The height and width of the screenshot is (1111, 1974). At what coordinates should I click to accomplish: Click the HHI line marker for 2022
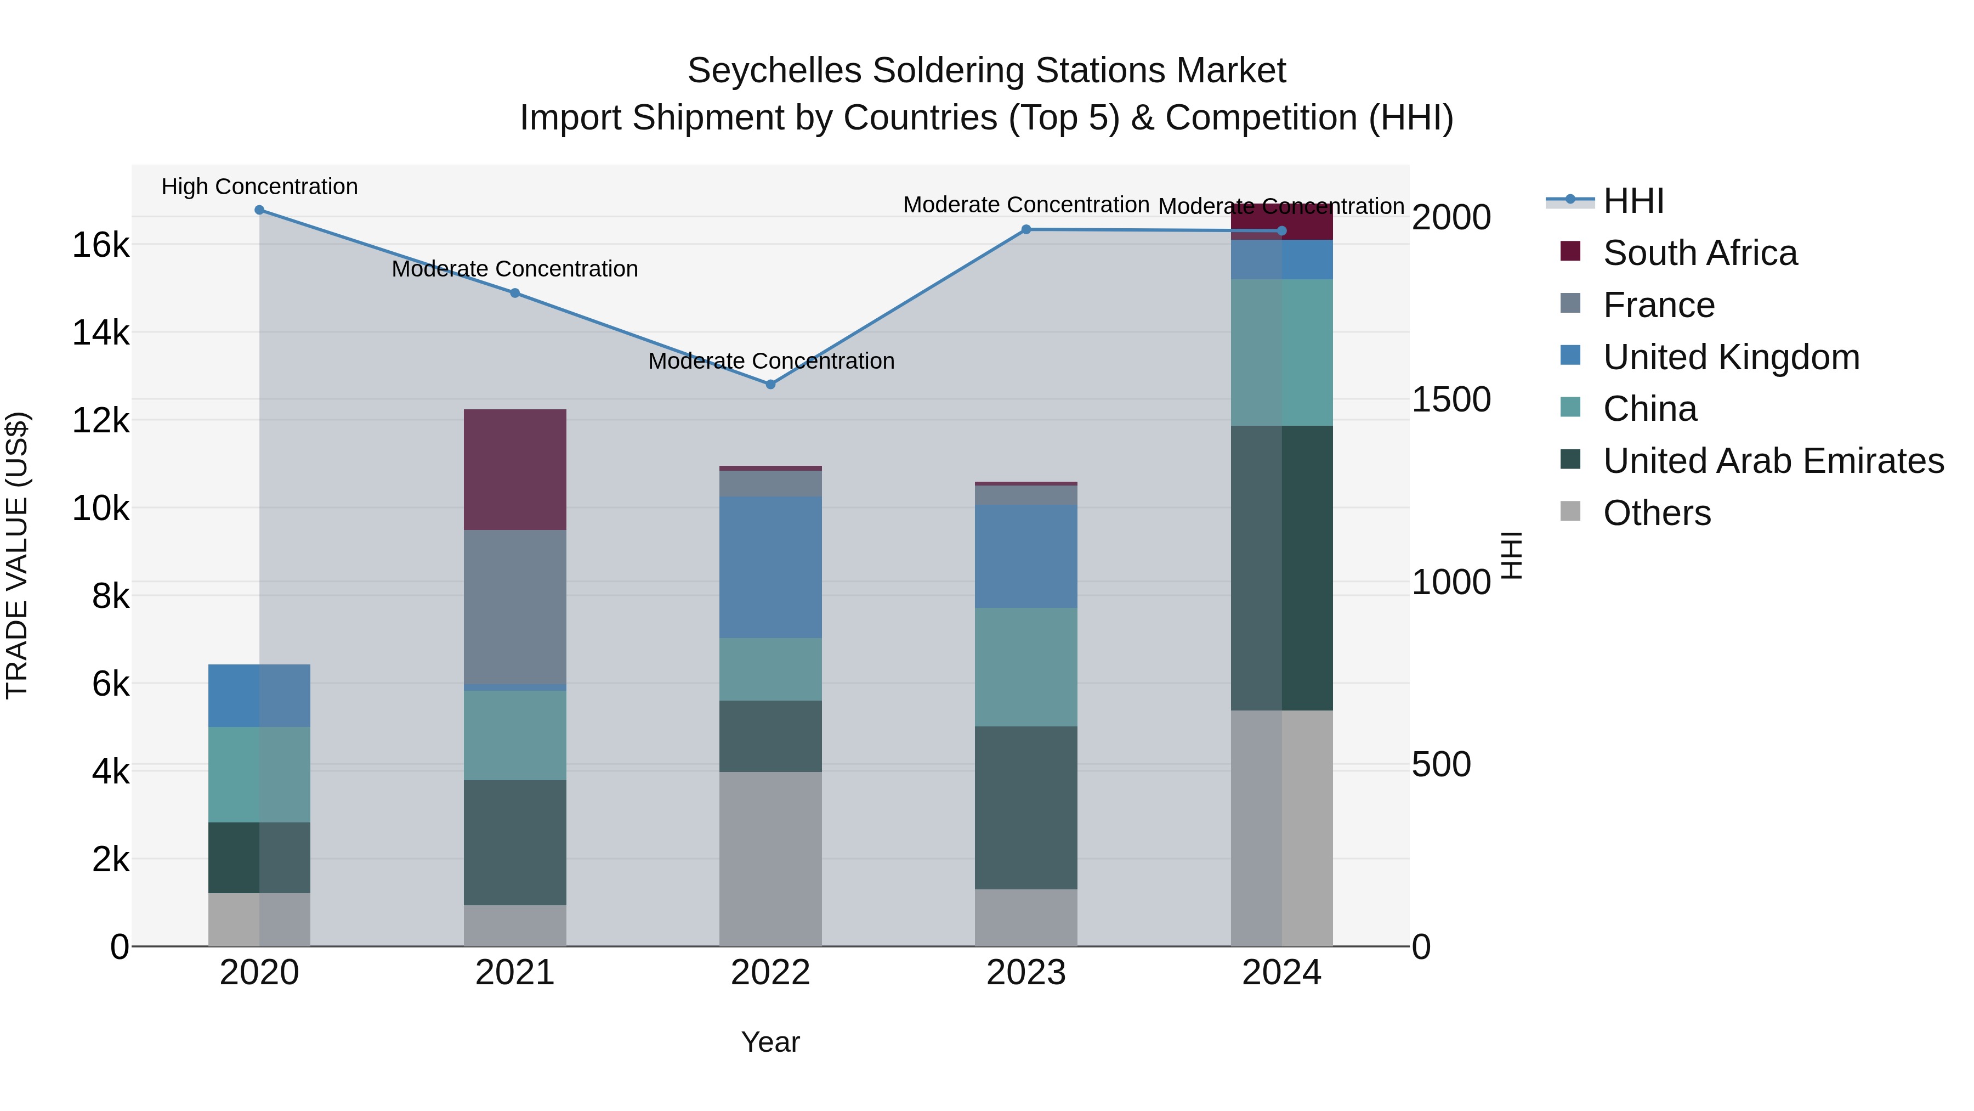[771, 384]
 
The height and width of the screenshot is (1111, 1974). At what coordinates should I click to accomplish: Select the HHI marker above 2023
[1026, 229]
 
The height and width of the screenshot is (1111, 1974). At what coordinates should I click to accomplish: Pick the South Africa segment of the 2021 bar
[515, 469]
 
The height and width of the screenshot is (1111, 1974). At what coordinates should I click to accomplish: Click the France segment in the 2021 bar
[515, 606]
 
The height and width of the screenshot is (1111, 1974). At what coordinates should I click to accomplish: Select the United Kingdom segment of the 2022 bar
[771, 567]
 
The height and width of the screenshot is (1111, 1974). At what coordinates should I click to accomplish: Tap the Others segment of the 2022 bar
[771, 858]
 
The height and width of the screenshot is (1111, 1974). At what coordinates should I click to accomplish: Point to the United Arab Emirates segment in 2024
[1281, 567]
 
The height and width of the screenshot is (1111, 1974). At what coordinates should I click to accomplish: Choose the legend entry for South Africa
[1700, 253]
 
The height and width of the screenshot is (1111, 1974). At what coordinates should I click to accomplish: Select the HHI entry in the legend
[1633, 201]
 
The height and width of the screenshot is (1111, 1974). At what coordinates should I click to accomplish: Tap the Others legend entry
[1657, 513]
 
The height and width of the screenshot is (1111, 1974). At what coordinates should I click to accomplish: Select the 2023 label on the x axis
[1026, 973]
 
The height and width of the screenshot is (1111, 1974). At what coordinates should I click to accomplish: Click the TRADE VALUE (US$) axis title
[18, 555]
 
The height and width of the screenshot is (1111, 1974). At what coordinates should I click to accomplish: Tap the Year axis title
[770, 1042]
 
